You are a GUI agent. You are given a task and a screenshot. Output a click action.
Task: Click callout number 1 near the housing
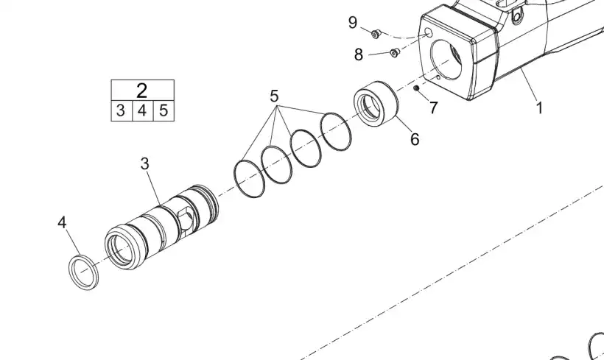pos(539,108)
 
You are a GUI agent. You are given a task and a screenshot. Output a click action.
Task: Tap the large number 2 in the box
pos(141,91)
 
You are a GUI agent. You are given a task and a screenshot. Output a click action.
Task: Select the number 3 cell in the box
pos(120,111)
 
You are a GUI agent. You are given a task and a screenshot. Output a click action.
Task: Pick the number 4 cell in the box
pos(142,111)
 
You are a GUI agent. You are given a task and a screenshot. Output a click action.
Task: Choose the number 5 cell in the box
pos(164,111)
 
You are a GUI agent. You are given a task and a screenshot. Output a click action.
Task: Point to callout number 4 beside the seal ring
pos(63,221)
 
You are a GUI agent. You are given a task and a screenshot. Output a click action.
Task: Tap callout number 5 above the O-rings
pos(274,96)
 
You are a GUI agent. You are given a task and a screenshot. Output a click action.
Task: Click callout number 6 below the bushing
pos(415,138)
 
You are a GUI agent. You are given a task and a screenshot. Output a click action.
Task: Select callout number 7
pos(433,107)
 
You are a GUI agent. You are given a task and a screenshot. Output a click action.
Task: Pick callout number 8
pos(359,54)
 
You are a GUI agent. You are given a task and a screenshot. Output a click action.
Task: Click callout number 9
pos(353,23)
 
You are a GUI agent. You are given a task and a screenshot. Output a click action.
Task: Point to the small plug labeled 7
pos(416,90)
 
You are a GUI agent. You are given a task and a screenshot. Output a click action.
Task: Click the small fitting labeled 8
pos(394,52)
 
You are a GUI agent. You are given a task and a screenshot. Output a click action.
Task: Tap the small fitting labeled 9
pos(375,32)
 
